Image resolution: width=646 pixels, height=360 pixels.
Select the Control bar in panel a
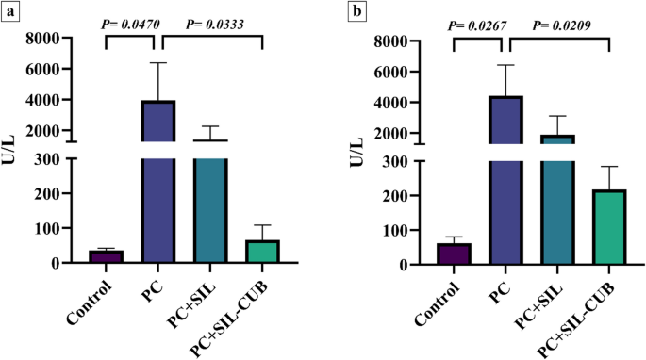point(106,256)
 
